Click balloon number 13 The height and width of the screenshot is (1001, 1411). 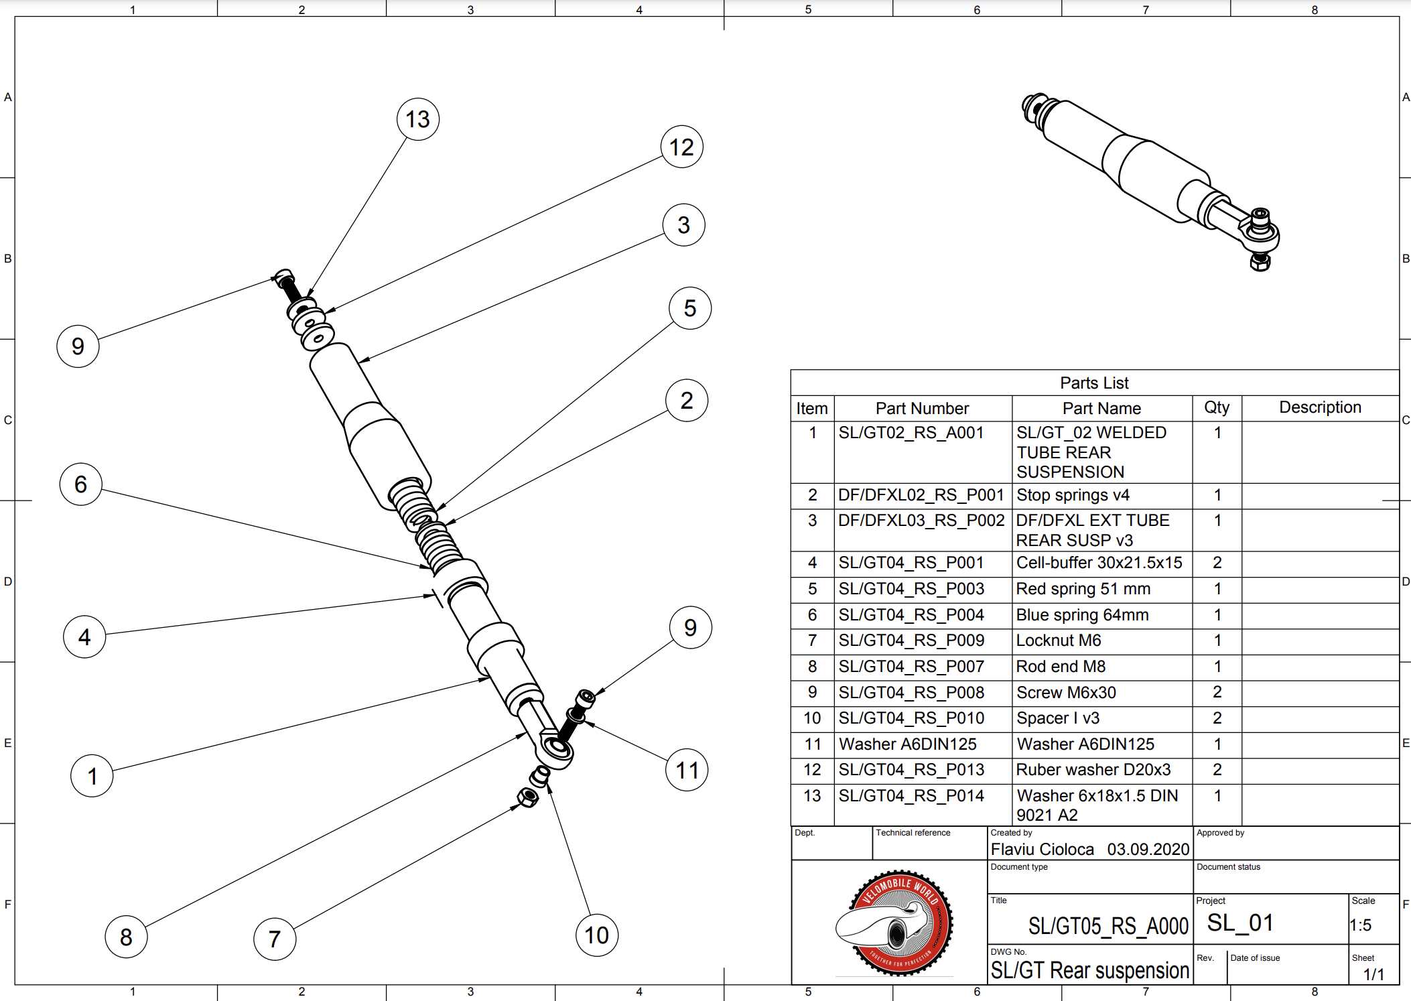[418, 119]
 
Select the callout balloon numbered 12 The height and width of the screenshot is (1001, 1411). [681, 147]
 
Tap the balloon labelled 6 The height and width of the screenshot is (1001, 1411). [80, 484]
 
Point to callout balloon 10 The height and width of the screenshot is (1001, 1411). [596, 935]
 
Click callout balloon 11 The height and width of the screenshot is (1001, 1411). [687, 770]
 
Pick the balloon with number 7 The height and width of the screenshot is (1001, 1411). [275, 939]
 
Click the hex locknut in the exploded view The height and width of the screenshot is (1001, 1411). [527, 797]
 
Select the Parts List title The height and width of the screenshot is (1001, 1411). [1094, 383]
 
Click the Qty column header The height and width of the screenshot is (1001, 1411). [1217, 407]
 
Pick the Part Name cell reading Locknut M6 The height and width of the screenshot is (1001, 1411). [1059, 641]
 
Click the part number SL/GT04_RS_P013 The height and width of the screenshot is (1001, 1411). [911, 770]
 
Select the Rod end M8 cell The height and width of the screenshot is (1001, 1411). [1061, 667]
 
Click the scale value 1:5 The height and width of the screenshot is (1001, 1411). [1361, 925]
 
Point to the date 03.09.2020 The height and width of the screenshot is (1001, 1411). [1148, 850]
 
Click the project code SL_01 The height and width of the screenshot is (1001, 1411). [1240, 923]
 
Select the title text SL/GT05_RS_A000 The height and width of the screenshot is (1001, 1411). [1108, 926]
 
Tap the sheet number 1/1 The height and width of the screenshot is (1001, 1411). [1373, 974]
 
